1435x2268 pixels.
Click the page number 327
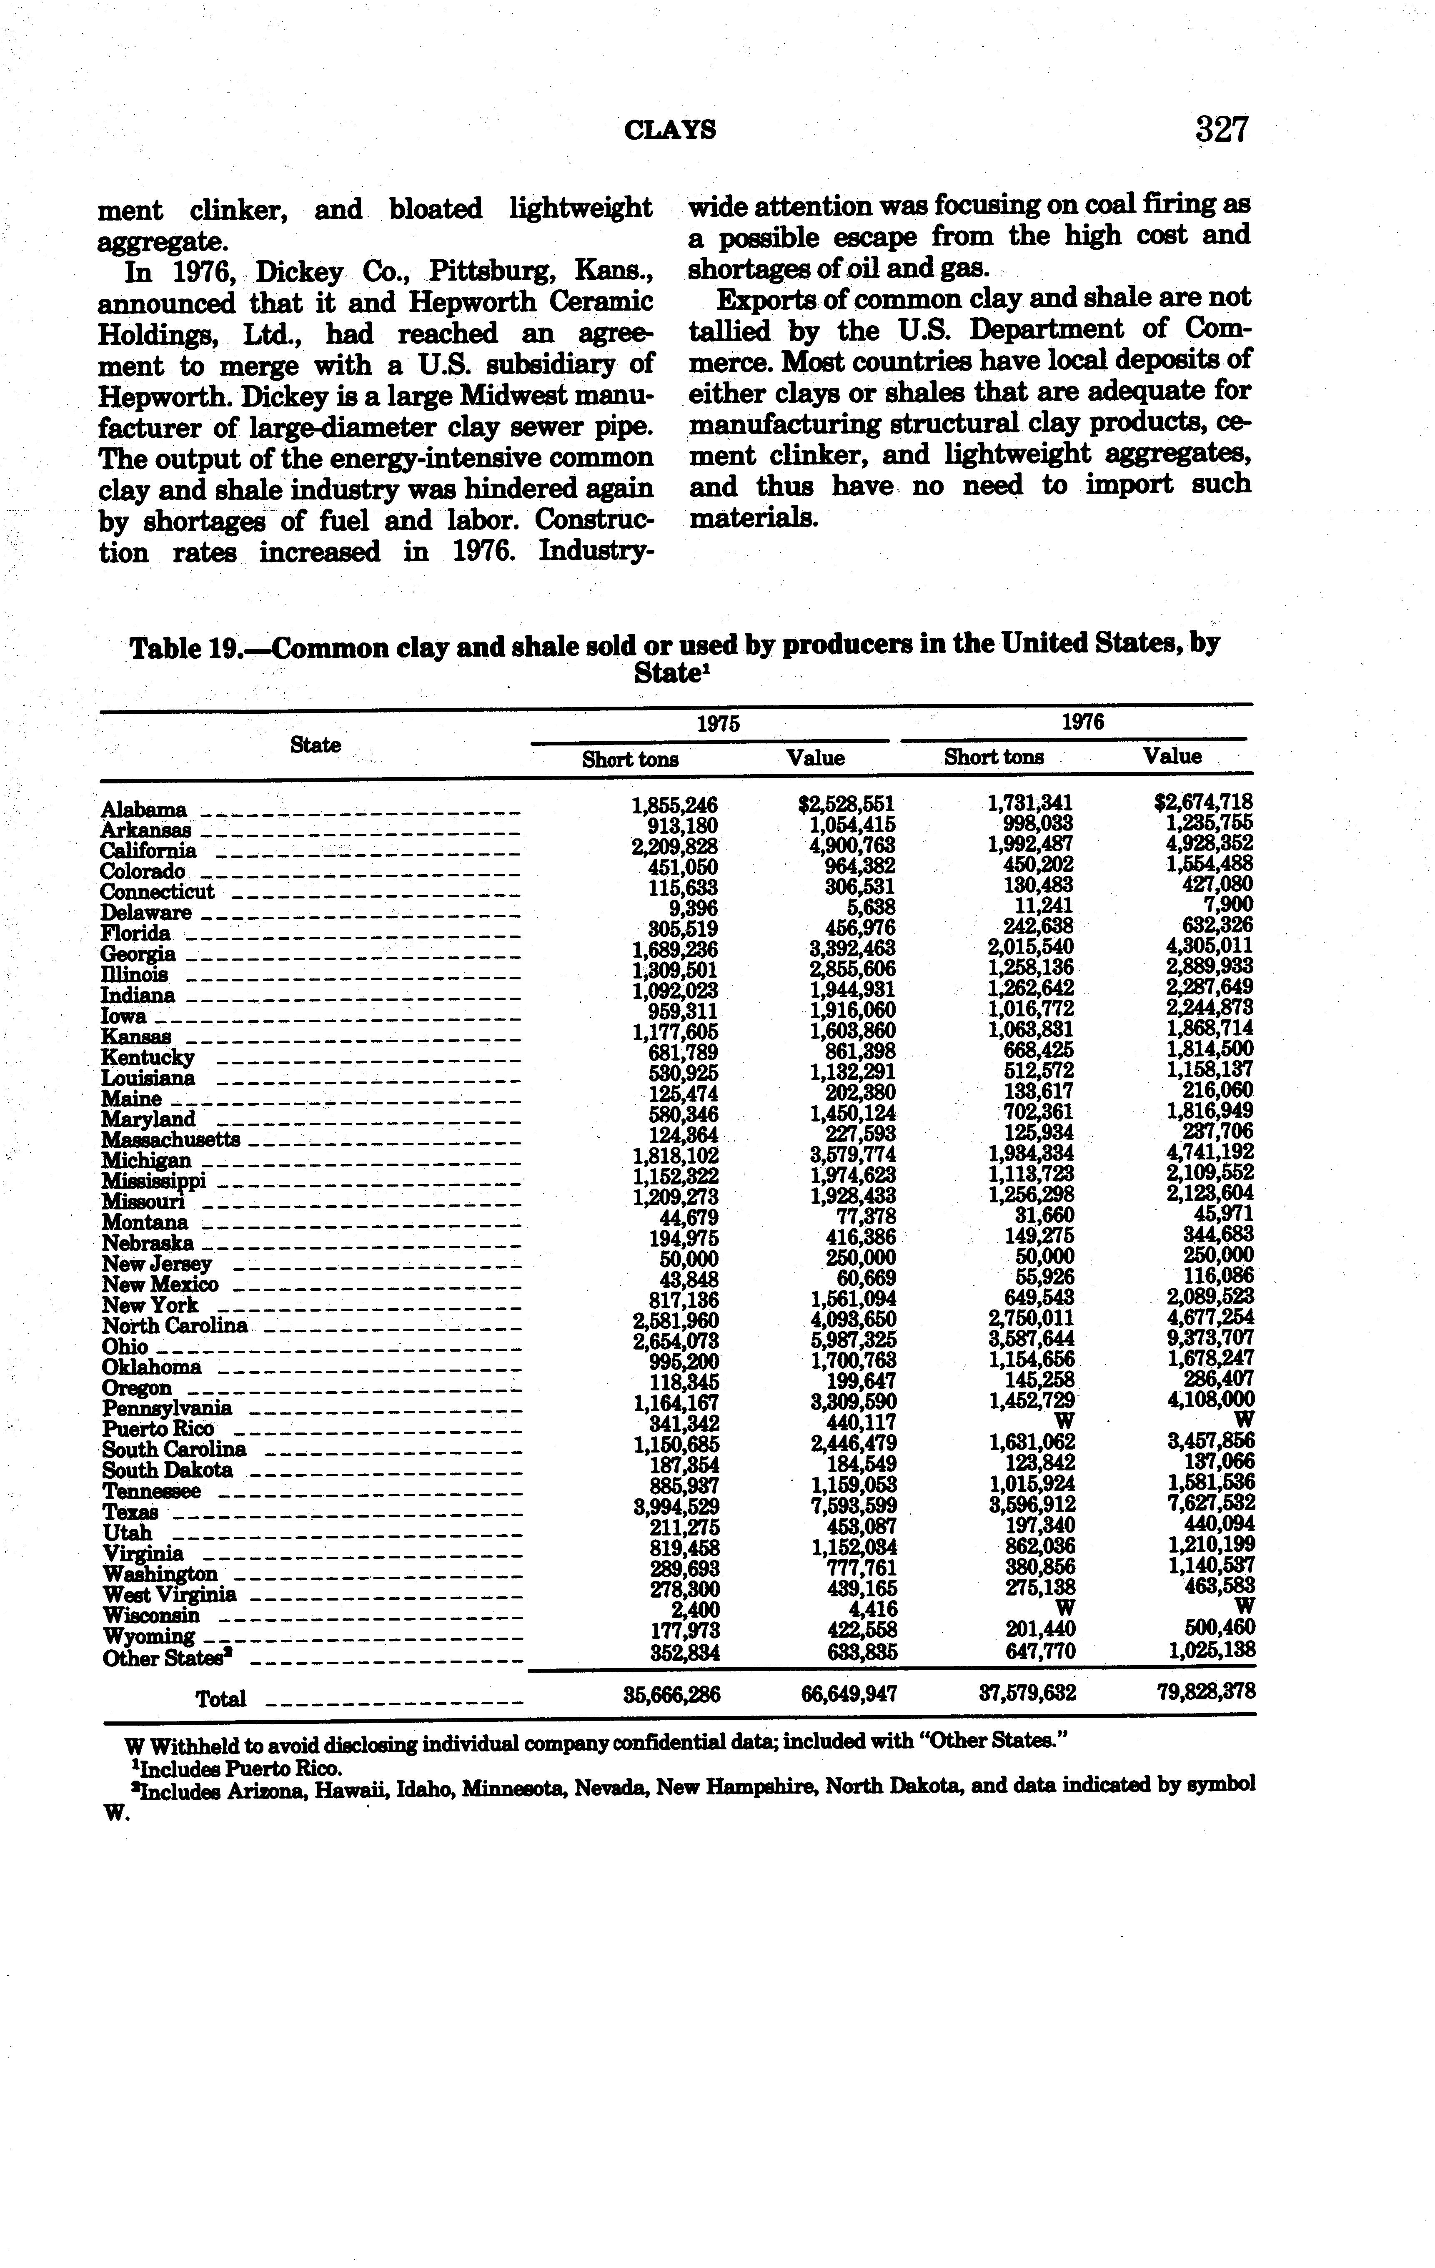(1221, 129)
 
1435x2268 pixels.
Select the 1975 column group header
(718, 723)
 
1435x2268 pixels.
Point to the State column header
(316, 745)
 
